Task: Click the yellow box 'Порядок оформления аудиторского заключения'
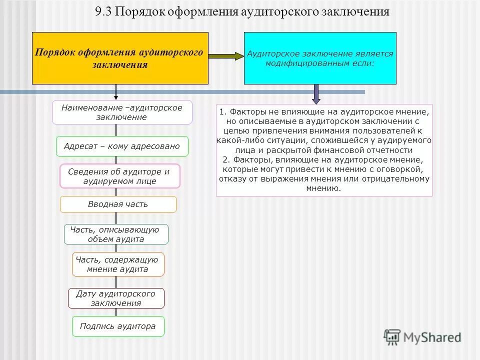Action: point(120,58)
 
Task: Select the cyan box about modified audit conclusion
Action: point(320,58)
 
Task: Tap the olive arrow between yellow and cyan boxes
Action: point(225,56)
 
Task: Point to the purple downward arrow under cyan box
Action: point(316,94)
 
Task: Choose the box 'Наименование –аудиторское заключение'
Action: point(122,112)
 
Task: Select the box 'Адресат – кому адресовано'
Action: point(122,146)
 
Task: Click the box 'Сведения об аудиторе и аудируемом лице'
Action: point(119,176)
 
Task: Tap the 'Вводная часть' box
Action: point(118,204)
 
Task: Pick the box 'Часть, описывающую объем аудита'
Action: point(116,234)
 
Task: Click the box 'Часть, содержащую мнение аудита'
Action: point(118,264)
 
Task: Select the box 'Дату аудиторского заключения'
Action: point(116,298)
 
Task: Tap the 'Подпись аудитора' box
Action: point(118,326)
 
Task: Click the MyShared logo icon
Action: point(392,336)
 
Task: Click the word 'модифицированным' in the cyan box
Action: point(305,64)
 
